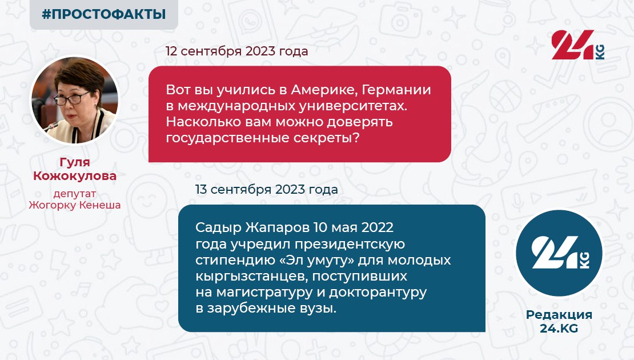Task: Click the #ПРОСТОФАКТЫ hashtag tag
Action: pos(104,14)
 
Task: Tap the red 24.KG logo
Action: pos(578,45)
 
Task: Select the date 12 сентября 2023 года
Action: pos(237,51)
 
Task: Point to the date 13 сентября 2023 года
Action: pos(267,189)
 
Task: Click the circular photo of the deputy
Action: pos(75,99)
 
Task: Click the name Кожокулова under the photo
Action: pos(75,176)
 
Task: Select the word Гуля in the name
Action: pos(75,162)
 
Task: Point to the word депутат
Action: pos(75,194)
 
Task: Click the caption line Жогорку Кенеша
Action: pos(75,205)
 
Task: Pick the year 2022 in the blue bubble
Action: pos(377,227)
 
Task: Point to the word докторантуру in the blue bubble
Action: pos(378,293)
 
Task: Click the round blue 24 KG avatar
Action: pos(559,253)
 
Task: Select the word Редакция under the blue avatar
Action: pos(559,315)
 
